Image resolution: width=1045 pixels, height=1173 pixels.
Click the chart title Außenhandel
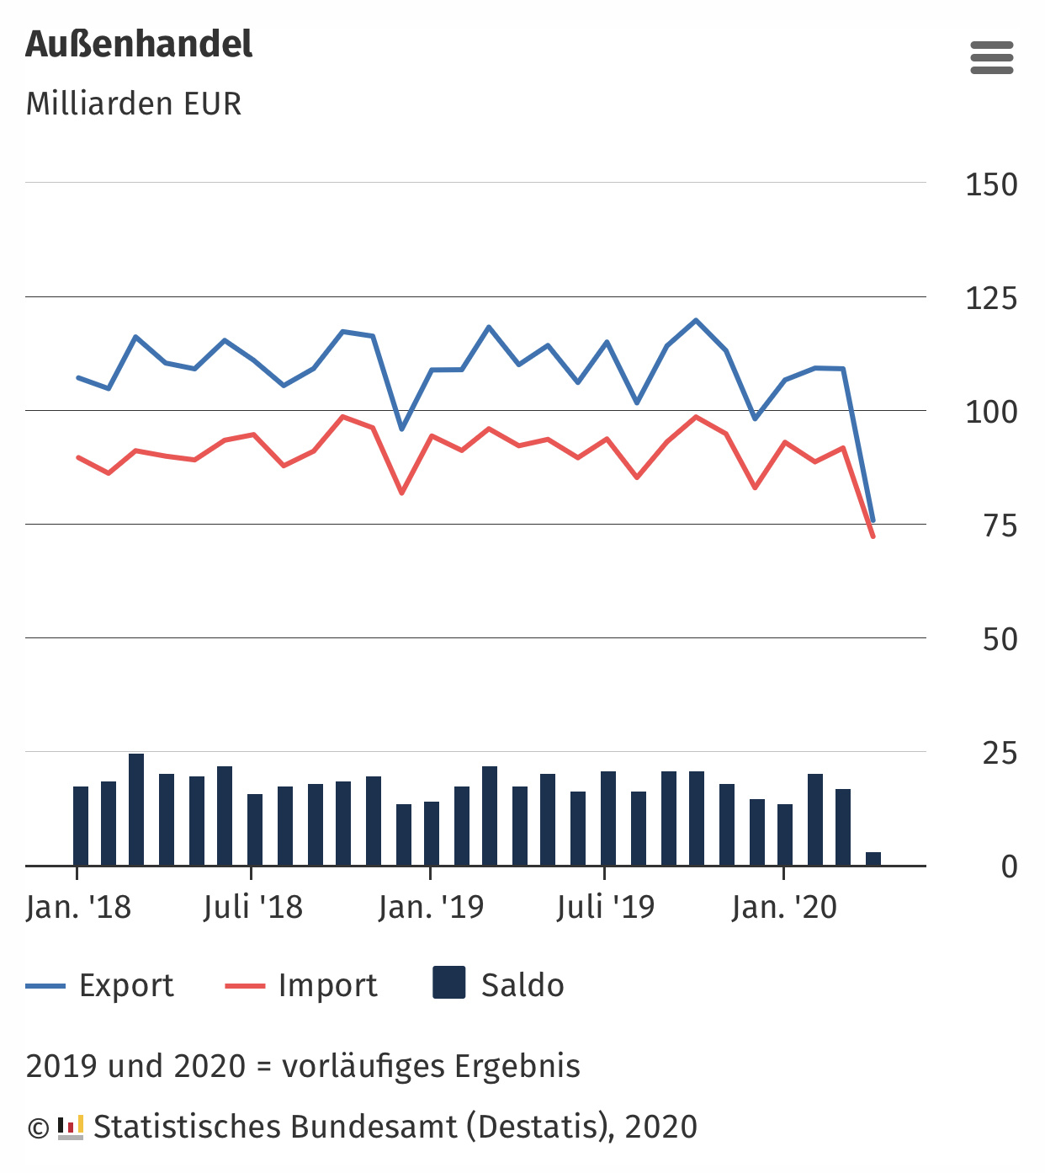(139, 45)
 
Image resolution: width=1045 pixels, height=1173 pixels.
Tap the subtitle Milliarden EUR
(134, 104)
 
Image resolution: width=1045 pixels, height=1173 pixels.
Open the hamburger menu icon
(991, 58)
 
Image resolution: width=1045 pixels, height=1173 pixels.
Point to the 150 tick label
(991, 184)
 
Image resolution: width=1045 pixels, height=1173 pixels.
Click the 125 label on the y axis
(991, 298)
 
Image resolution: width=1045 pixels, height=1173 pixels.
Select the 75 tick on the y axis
(1000, 525)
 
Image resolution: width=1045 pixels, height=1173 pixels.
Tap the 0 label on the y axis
(1009, 866)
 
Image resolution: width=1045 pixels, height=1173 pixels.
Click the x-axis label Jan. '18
(78, 907)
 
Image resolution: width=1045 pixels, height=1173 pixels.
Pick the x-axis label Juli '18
(252, 907)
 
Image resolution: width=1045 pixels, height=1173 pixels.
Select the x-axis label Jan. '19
(431, 907)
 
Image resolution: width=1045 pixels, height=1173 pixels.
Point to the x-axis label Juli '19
(605, 907)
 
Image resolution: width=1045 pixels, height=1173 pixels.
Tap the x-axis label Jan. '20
(784, 907)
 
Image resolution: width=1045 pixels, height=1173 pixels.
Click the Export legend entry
(100, 985)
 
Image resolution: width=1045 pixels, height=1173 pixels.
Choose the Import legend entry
(301, 985)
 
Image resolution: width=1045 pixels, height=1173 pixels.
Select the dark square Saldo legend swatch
(449, 983)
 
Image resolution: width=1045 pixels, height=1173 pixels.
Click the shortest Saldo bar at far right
(873, 859)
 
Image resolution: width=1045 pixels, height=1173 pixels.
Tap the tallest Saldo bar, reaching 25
(136, 808)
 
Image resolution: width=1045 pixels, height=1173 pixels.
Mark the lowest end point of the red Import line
(873, 536)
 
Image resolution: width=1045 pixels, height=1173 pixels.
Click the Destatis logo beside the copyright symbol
(71, 1127)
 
